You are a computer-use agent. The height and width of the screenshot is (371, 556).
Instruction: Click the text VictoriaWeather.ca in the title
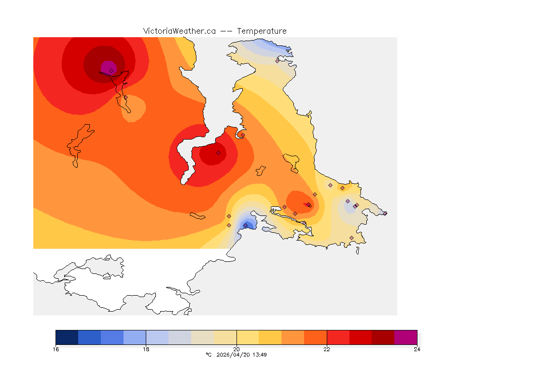(x=179, y=31)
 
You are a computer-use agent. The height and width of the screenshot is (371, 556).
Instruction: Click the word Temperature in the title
(x=262, y=31)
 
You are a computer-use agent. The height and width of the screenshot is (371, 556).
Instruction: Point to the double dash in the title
(x=226, y=31)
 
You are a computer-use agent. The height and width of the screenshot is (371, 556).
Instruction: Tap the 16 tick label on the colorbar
(x=56, y=349)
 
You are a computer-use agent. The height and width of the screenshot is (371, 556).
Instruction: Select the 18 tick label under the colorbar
(x=146, y=349)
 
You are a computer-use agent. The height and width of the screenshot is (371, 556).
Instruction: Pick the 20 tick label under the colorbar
(x=236, y=349)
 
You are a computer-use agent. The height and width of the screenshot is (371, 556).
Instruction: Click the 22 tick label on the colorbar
(x=327, y=349)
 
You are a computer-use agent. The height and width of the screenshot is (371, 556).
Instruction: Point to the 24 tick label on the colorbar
(x=417, y=349)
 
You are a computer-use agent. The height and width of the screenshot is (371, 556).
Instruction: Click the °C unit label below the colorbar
(x=208, y=355)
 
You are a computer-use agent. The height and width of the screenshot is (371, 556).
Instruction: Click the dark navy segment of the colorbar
(x=67, y=337)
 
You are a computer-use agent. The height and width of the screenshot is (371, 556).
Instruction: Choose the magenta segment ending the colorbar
(x=405, y=337)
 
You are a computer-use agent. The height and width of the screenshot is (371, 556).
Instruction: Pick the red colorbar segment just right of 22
(x=338, y=337)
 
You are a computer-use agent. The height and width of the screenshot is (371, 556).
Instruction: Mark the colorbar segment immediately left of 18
(x=135, y=337)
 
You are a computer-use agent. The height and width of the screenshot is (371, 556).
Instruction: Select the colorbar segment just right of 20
(x=248, y=337)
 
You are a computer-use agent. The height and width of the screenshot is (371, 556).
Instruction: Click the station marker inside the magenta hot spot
(x=111, y=71)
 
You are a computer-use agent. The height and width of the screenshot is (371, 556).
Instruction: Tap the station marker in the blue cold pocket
(x=245, y=225)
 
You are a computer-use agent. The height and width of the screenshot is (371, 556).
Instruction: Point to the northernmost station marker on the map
(x=278, y=61)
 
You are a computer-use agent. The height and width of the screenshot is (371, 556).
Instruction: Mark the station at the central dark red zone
(x=218, y=153)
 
